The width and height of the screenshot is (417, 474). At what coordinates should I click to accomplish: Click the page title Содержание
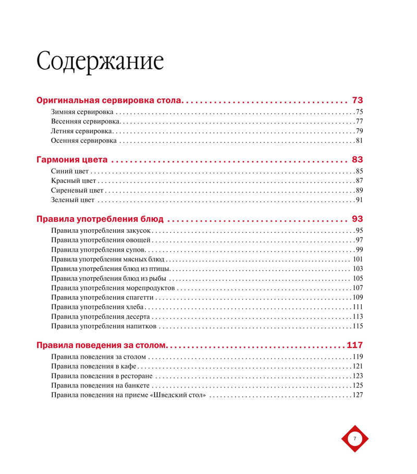100,62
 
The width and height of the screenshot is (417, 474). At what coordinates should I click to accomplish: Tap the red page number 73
357,100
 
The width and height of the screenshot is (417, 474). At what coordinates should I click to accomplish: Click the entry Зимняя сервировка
82,112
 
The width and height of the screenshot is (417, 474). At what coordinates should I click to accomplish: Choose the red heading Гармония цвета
72,159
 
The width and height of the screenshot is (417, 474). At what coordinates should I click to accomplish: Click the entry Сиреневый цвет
77,190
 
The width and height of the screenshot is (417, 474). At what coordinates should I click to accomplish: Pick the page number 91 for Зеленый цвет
359,199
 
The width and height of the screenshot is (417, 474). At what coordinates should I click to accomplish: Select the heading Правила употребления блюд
100,219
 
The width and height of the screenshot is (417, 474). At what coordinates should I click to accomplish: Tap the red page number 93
357,219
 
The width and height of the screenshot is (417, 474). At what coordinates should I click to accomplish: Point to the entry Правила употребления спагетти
102,297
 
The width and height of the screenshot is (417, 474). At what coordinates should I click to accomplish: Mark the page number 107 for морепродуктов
358,288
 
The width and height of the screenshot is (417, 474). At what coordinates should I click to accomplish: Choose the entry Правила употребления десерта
101,316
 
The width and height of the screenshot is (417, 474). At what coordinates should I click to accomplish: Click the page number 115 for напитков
358,326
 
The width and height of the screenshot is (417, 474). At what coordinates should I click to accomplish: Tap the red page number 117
354,345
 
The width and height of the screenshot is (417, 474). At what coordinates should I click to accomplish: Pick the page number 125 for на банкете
358,385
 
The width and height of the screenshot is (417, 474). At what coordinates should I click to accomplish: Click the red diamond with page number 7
355,439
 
